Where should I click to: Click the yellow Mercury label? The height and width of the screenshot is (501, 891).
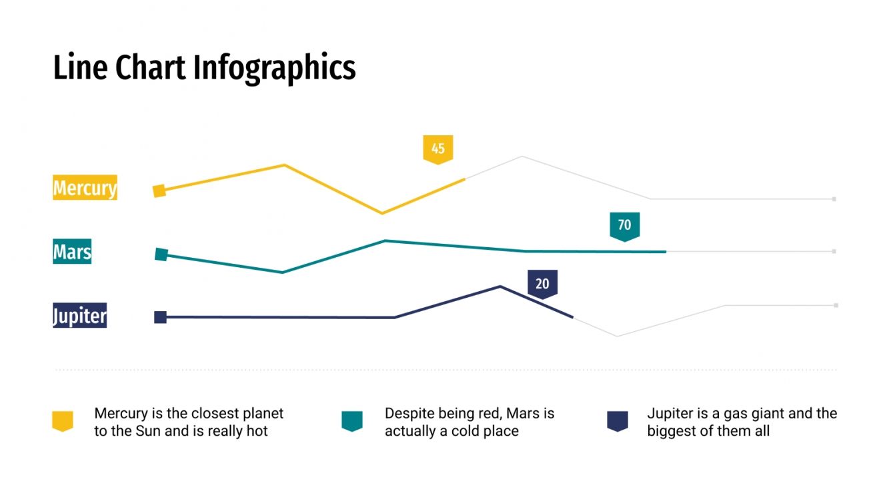pyautogui.click(x=85, y=188)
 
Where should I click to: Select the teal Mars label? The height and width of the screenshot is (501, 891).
pyautogui.click(x=72, y=252)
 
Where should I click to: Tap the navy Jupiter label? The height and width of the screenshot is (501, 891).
pyautogui.click(x=79, y=316)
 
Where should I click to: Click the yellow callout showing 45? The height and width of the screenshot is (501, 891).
pyautogui.click(x=437, y=149)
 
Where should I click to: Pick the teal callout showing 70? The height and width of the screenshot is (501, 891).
pyautogui.click(x=624, y=225)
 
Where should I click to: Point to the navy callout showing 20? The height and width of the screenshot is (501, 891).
pyautogui.click(x=542, y=284)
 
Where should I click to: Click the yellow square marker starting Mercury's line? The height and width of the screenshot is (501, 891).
pyautogui.click(x=159, y=191)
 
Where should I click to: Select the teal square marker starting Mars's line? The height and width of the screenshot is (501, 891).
pyautogui.click(x=161, y=254)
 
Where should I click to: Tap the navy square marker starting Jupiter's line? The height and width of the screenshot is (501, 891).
pyautogui.click(x=160, y=317)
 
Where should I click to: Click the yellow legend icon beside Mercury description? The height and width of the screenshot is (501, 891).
pyautogui.click(x=63, y=421)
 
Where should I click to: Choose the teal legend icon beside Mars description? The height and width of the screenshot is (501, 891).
pyautogui.click(x=351, y=421)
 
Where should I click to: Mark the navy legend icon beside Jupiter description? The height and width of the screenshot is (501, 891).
pyautogui.click(x=617, y=421)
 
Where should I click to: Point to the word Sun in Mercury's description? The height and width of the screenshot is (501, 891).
pyautogui.click(x=149, y=431)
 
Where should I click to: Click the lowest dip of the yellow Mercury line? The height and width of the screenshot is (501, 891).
pyautogui.click(x=381, y=213)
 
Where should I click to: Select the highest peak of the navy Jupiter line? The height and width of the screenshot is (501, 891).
pyautogui.click(x=501, y=286)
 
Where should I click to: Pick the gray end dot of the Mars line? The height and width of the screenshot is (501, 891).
pyautogui.click(x=834, y=251)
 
